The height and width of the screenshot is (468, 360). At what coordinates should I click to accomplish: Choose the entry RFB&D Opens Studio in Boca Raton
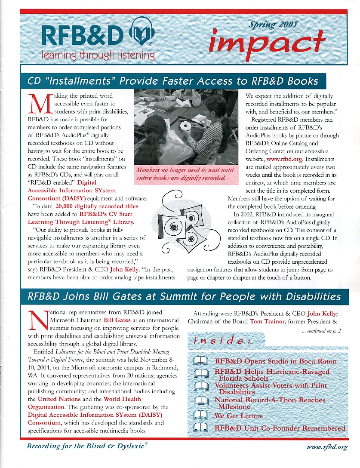tap(275, 361)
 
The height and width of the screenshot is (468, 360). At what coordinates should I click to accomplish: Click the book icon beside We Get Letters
tap(200, 416)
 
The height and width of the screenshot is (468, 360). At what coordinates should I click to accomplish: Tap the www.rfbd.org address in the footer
tap(327, 447)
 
